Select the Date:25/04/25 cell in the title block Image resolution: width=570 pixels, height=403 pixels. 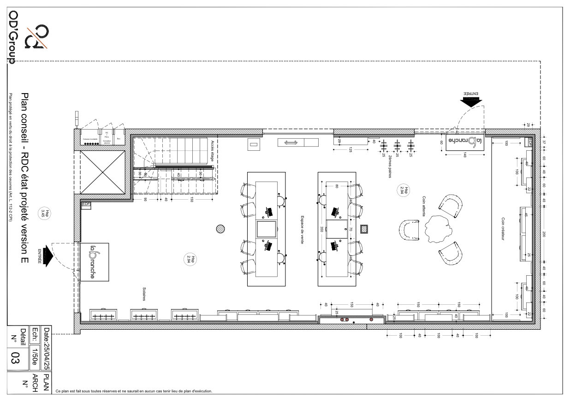pos(46,349)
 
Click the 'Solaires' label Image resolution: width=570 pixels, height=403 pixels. pos(144,295)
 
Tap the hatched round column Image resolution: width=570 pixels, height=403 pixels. pos(221,229)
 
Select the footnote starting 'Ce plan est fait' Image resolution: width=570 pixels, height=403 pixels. pos(134,391)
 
